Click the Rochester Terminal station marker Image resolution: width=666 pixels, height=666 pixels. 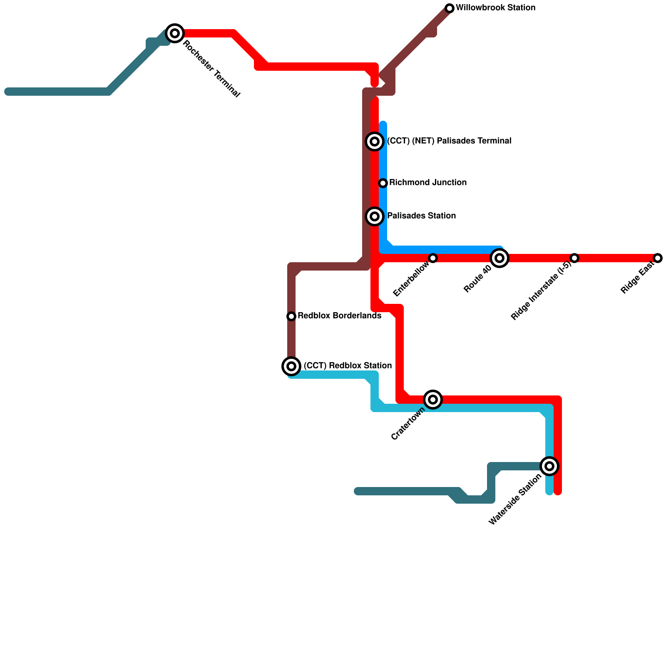[x=175, y=33]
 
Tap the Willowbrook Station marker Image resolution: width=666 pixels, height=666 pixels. [x=449, y=8]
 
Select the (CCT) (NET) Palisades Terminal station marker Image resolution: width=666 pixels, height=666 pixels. [x=375, y=142]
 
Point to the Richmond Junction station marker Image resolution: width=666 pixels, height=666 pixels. [x=383, y=183]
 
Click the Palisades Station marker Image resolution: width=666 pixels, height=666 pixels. [x=375, y=216]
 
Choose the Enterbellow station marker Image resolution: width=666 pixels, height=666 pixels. [x=433, y=258]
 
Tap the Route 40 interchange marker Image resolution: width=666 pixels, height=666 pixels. [x=499, y=258]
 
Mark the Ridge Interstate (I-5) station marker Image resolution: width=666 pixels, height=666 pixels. [x=574, y=258]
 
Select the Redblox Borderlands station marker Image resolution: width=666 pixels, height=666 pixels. [x=291, y=316]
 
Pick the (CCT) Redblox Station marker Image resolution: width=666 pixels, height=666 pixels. [x=291, y=366]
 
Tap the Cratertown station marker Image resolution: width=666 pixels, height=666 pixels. [x=433, y=400]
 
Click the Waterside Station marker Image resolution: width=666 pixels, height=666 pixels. [x=549, y=466]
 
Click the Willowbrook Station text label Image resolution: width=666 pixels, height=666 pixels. [x=495, y=8]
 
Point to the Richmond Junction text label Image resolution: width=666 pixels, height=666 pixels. [x=428, y=183]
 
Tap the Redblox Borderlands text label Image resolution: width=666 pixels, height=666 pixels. [x=339, y=316]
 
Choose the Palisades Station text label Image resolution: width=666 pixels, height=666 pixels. [x=421, y=216]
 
